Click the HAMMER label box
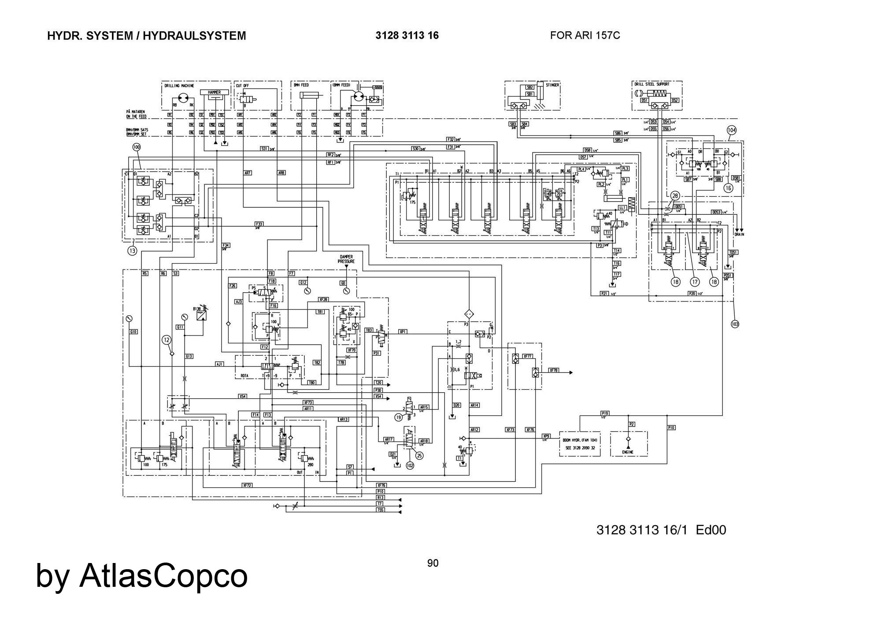pos(214,92)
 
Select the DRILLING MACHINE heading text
pos(179,86)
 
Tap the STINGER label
pos(552,85)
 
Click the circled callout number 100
pos(137,148)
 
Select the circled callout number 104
pos(732,130)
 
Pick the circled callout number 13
pos(133,250)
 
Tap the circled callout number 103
pos(735,324)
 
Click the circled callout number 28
pos(675,196)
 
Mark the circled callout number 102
pos(410,465)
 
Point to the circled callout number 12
pos(166,340)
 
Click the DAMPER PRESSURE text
pos(346,259)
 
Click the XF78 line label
pos(554,371)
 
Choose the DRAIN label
pos(739,234)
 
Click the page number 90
pos(433,563)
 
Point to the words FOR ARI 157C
pos(585,35)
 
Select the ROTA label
pos(244,375)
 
